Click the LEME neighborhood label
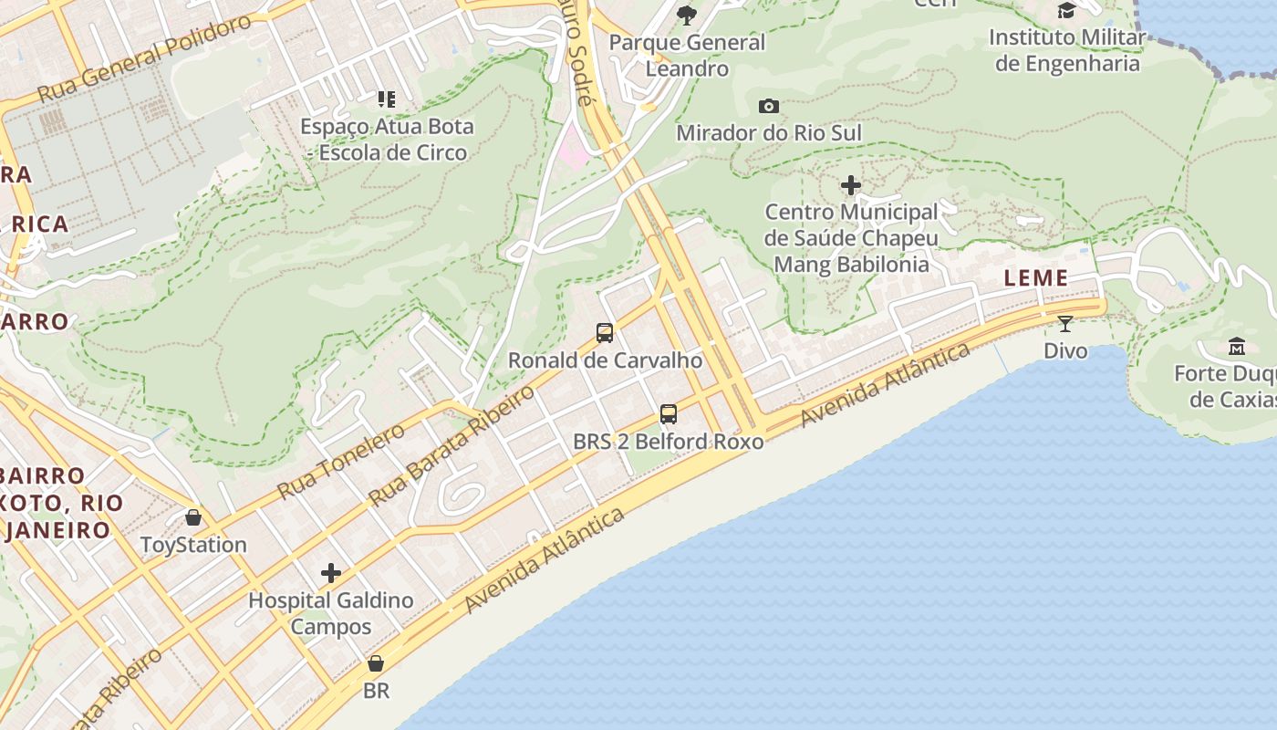point(1035,278)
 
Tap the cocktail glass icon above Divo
point(1065,324)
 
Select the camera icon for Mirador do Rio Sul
point(769,106)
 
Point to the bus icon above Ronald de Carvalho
point(605,333)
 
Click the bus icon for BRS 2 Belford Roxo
point(669,414)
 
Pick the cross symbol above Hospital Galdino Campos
point(331,573)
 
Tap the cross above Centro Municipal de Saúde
point(851,185)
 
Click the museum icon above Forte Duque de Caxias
point(1237,347)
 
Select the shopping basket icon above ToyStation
point(193,517)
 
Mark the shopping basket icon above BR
point(376,663)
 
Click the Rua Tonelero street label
point(340,462)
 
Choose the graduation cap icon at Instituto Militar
point(1066,10)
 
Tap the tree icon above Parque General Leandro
point(687,14)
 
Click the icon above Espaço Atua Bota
point(387,99)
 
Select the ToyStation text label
point(193,545)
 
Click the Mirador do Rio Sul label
point(769,133)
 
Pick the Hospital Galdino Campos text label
point(331,613)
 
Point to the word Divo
point(1065,351)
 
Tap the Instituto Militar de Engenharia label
point(1067,50)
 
